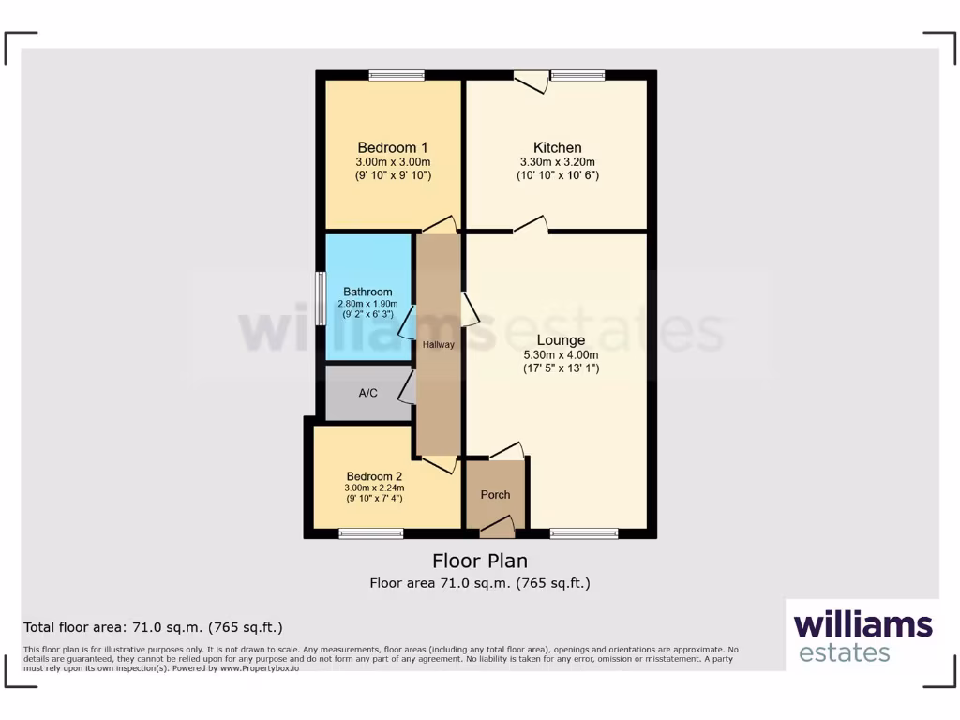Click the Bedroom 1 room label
click(393, 147)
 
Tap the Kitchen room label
click(558, 147)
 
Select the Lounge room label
click(561, 340)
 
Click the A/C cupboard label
click(368, 393)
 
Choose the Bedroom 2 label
click(374, 475)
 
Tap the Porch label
click(495, 494)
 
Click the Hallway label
click(438, 345)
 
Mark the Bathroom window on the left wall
click(320, 298)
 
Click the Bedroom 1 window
click(396, 76)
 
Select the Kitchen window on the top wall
click(577, 76)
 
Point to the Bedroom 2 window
click(371, 533)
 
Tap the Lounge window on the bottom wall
click(584, 533)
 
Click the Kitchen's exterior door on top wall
click(532, 81)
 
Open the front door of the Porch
click(497, 529)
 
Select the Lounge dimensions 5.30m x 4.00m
click(561, 355)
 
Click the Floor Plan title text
click(479, 561)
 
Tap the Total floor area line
click(153, 627)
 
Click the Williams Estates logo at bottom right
click(862, 636)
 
